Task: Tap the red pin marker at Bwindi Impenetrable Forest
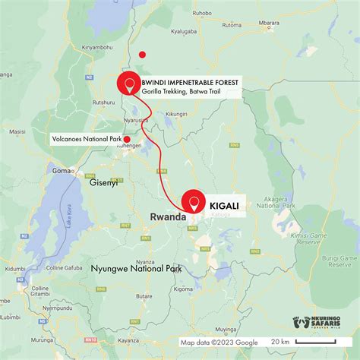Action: click(128, 86)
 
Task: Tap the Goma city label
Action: click(61, 171)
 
